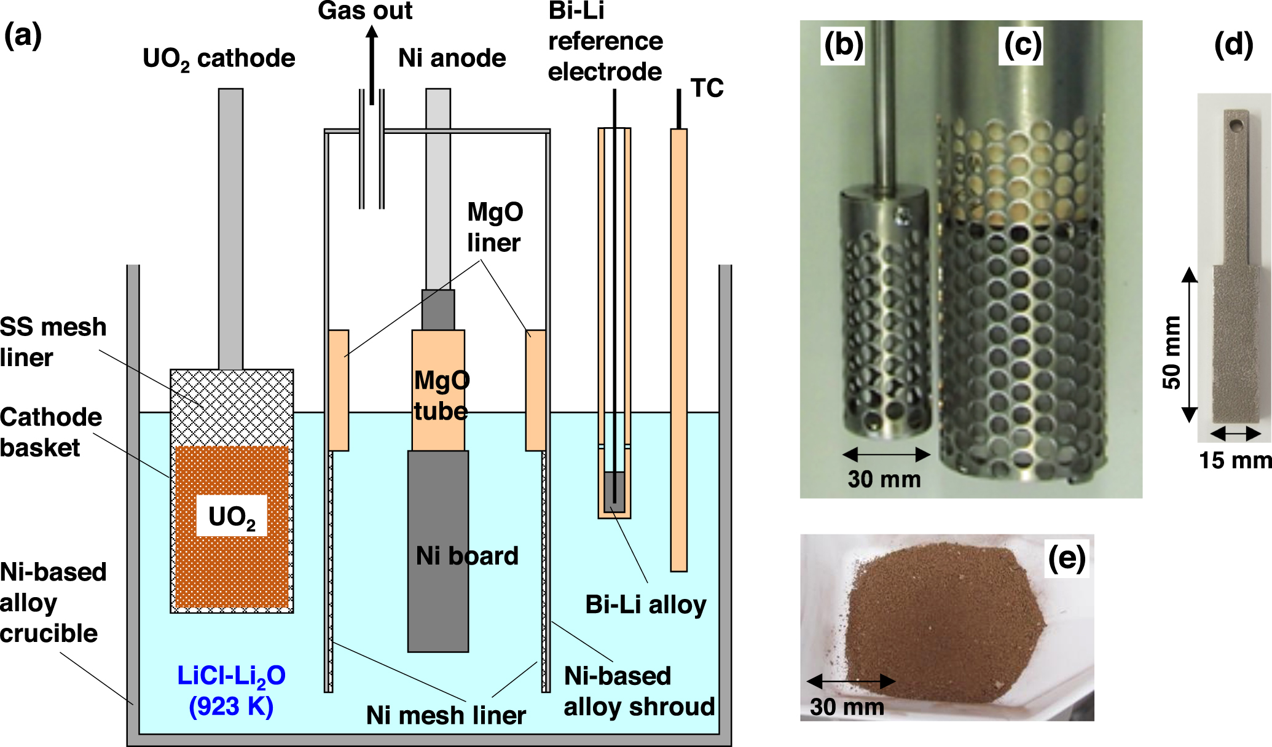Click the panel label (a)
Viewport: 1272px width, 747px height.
[x=23, y=35]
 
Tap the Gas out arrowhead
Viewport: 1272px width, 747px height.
[x=372, y=32]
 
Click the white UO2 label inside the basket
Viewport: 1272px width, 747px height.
[x=232, y=517]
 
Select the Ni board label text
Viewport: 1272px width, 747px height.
[x=467, y=556]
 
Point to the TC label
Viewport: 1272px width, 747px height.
[x=707, y=88]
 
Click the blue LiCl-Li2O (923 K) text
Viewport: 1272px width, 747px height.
[x=231, y=690]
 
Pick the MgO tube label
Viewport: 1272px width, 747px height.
[x=441, y=395]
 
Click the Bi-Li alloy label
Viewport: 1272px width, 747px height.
[x=645, y=604]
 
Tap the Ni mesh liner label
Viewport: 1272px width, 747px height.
[x=446, y=715]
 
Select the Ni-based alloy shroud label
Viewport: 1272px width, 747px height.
[x=639, y=691]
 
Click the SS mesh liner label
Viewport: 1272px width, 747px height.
[x=53, y=342]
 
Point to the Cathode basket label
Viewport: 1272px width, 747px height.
[x=50, y=432]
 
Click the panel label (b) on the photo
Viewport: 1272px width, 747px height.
[x=843, y=45]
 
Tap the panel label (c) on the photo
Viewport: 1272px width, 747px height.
[x=1023, y=45]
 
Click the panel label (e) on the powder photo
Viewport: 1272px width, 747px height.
[x=1067, y=558]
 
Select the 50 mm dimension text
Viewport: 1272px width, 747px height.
[x=1172, y=352]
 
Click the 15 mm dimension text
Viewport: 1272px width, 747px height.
[x=1235, y=460]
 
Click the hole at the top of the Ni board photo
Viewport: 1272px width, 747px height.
[x=1236, y=126]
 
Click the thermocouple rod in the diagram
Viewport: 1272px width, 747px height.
[x=678, y=350]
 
